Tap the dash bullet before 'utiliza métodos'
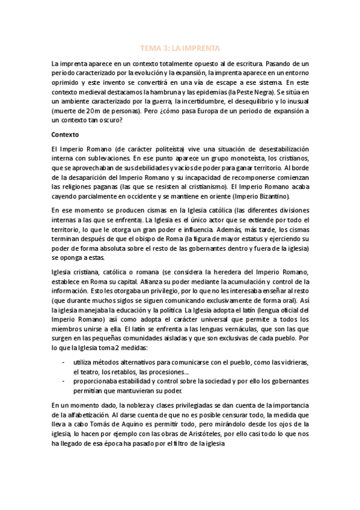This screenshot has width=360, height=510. point(64,362)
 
